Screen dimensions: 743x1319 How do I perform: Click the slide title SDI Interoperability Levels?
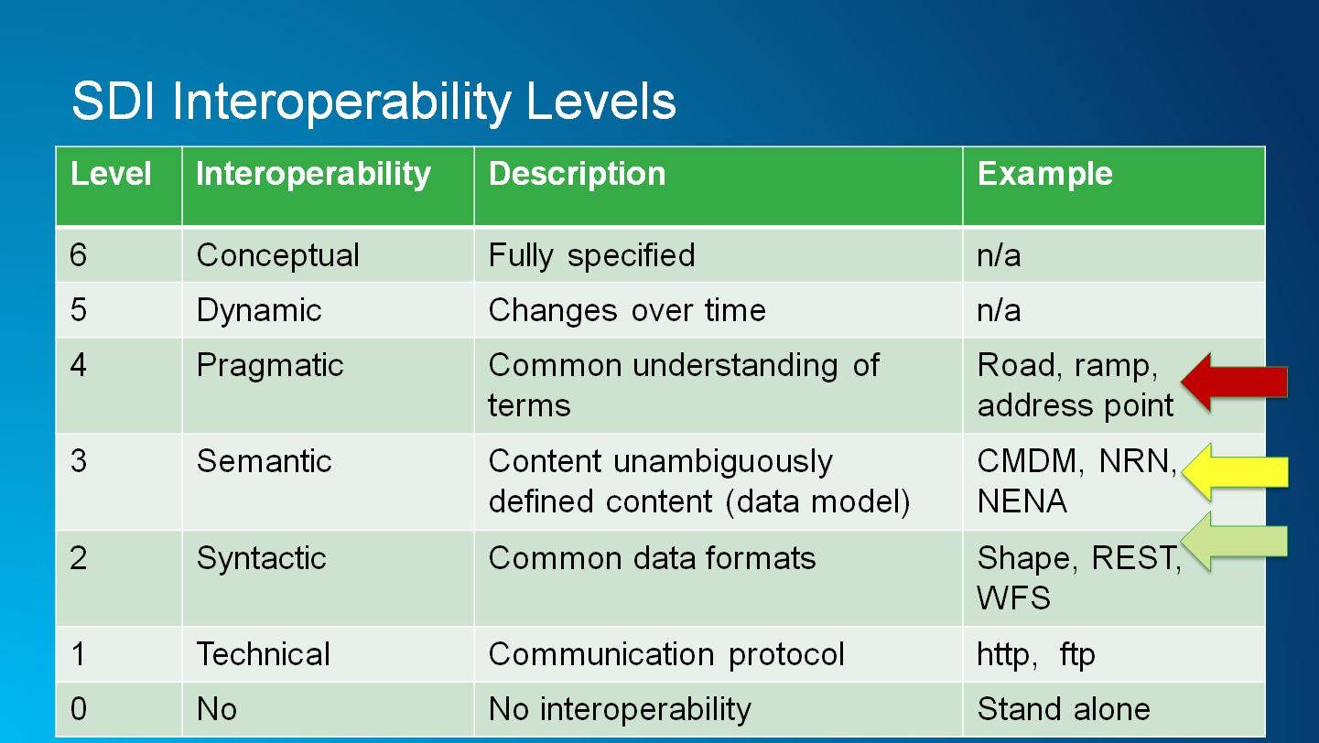pyautogui.click(x=373, y=102)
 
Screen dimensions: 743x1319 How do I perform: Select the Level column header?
pyautogui.click(x=111, y=174)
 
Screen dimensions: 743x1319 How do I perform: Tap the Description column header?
pyautogui.click(x=577, y=174)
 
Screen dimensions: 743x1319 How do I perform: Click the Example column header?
pyautogui.click(x=1044, y=174)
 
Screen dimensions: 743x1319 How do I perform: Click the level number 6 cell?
pyautogui.click(x=79, y=255)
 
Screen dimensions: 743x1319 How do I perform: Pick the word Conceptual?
pyautogui.click(x=277, y=255)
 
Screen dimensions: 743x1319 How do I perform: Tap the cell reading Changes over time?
pyautogui.click(x=627, y=310)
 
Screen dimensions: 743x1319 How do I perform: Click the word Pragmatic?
pyautogui.click(x=270, y=365)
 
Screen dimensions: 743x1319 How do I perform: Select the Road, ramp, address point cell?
pyautogui.click(x=1075, y=385)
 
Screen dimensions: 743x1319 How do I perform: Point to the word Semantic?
pyautogui.click(x=264, y=460)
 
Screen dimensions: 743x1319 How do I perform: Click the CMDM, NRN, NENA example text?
pyautogui.click(x=1076, y=481)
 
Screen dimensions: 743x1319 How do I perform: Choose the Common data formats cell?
pyautogui.click(x=652, y=558)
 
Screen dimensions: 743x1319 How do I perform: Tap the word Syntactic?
pyautogui.click(x=261, y=558)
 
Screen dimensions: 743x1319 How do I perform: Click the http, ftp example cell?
pyautogui.click(x=1035, y=654)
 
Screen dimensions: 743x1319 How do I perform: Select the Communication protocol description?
pyautogui.click(x=666, y=654)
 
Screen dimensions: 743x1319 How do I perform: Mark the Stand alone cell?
pyautogui.click(x=1063, y=709)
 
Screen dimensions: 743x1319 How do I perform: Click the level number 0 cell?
pyautogui.click(x=79, y=709)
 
